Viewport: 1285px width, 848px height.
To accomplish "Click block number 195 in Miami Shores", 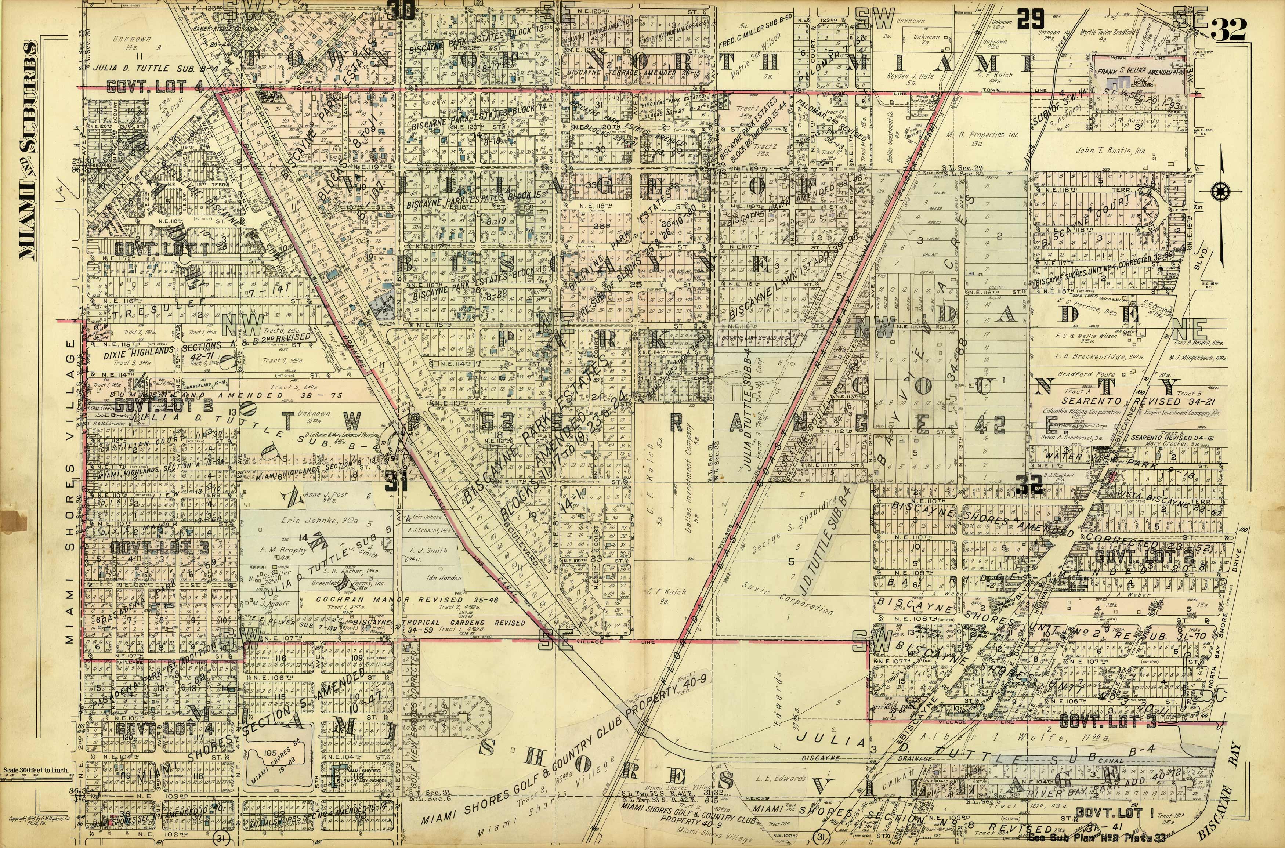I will [x=271, y=753].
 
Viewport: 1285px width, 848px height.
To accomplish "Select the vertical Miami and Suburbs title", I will [x=29, y=149].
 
